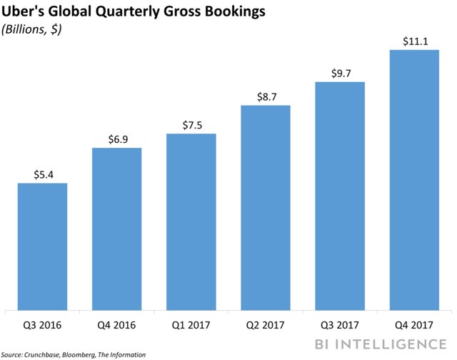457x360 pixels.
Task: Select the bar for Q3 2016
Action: (42, 246)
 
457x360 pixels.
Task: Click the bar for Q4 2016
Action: (116, 229)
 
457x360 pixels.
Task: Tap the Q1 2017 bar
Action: (191, 221)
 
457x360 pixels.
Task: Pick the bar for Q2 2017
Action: (265, 207)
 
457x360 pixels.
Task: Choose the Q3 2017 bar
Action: (339, 196)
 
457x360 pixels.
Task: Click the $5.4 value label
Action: (42, 174)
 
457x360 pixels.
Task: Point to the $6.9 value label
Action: (116, 138)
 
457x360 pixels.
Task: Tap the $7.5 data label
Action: (191, 124)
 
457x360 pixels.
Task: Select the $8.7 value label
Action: (265, 96)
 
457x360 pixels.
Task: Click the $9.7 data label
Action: (339, 72)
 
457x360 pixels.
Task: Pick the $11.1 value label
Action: (413, 40)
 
